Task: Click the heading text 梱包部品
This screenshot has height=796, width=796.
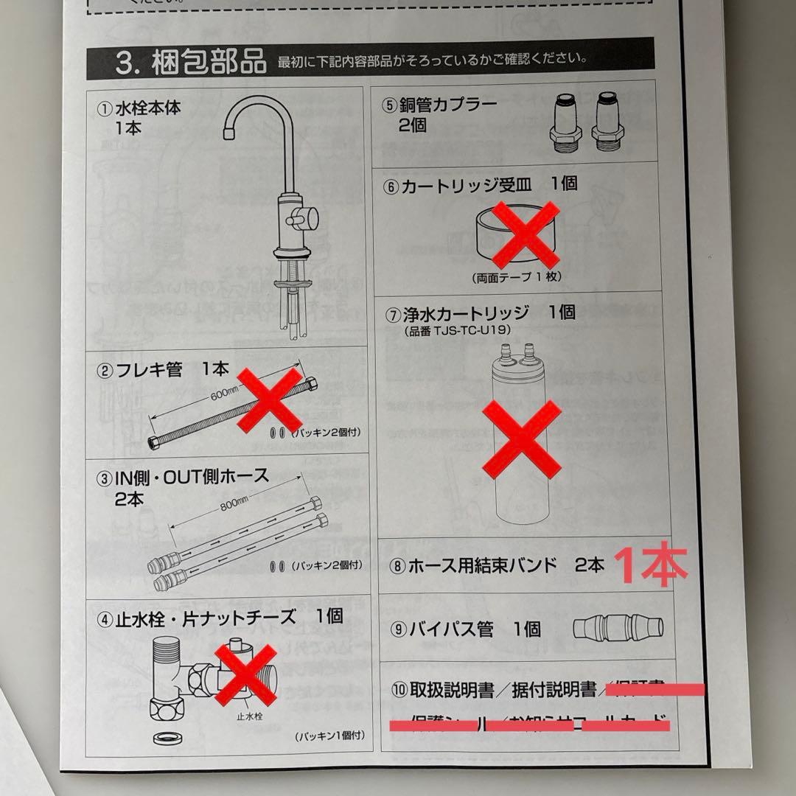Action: pyautogui.click(x=209, y=63)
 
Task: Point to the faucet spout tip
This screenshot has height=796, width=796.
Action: pyautogui.click(x=228, y=132)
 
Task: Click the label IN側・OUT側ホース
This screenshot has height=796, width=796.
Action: pyautogui.click(x=192, y=475)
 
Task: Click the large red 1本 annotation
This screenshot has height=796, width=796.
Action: pyautogui.click(x=651, y=566)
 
